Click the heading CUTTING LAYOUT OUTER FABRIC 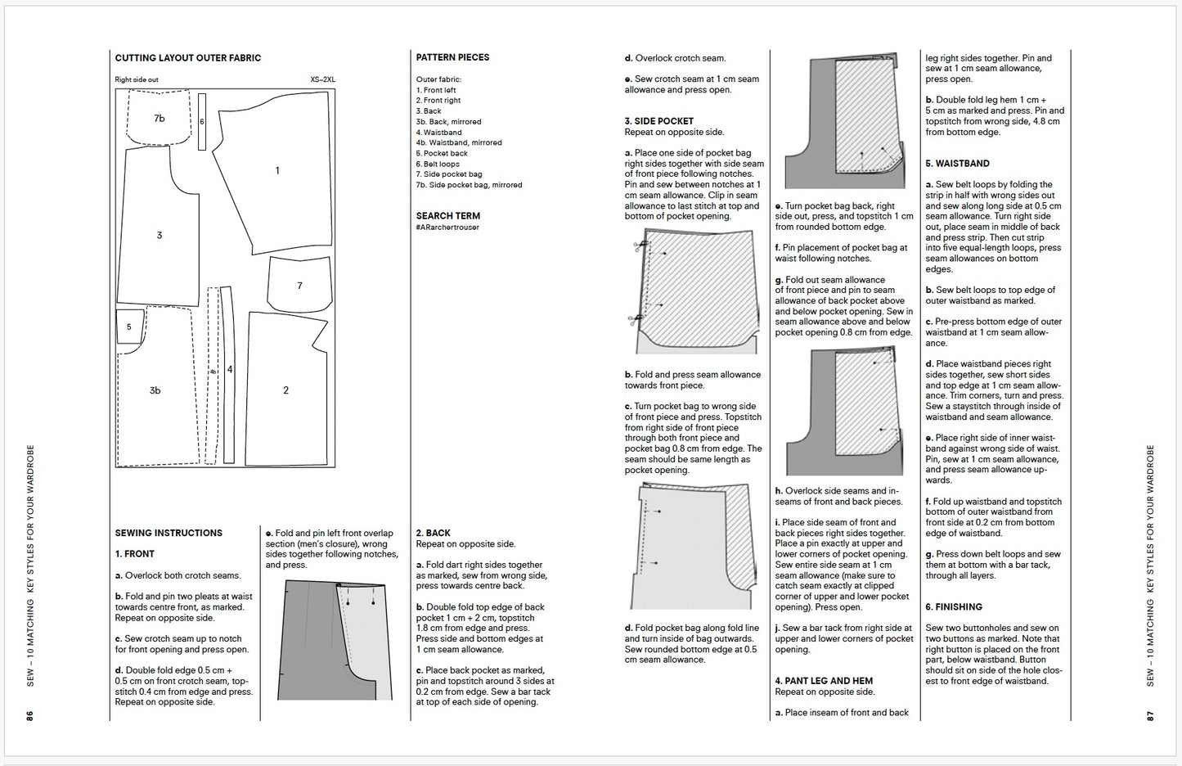[187, 58]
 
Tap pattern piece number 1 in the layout [277, 171]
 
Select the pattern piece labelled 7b [160, 119]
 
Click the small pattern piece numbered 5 [128, 327]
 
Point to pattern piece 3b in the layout [155, 390]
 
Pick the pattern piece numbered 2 [285, 390]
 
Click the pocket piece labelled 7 [299, 286]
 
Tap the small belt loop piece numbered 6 [202, 122]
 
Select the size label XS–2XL [322, 80]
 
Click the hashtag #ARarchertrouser [447, 228]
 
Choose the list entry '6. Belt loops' [438, 164]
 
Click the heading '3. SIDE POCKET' [658, 121]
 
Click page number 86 [29, 715]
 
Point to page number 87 [1149, 715]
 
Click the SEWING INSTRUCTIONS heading [169, 533]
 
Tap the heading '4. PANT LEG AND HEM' [824, 681]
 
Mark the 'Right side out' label [137, 80]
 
